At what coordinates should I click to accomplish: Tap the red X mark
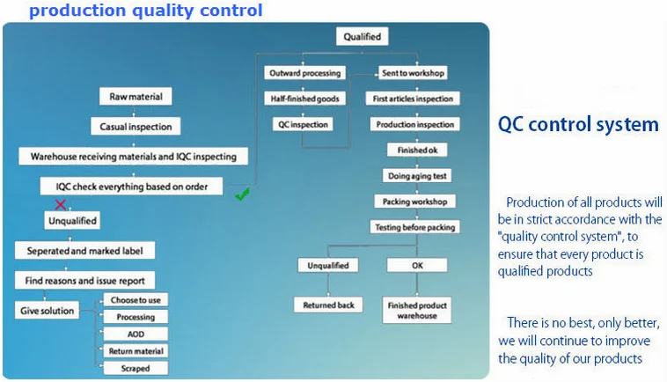pyautogui.click(x=61, y=204)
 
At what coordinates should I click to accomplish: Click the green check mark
pyautogui.click(x=242, y=195)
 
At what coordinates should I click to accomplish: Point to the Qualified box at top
pyautogui.click(x=362, y=36)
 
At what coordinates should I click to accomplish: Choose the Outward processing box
pyautogui.click(x=304, y=72)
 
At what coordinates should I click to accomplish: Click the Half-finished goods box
pyautogui.click(x=304, y=99)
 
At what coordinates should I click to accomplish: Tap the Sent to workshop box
pyautogui.click(x=413, y=72)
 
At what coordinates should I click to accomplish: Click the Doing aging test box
pyautogui.click(x=417, y=175)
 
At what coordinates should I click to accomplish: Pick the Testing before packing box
pyautogui.click(x=416, y=227)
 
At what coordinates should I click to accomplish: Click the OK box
pyautogui.click(x=417, y=265)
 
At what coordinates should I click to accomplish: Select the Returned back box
pyautogui.click(x=328, y=305)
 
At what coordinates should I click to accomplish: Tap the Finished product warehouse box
pyautogui.click(x=417, y=310)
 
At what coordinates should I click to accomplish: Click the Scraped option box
pyautogui.click(x=135, y=368)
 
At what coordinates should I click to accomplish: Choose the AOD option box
pyautogui.click(x=135, y=334)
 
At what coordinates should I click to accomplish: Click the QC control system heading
pyautogui.click(x=578, y=124)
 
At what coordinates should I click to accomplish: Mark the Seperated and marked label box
pyautogui.click(x=84, y=250)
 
